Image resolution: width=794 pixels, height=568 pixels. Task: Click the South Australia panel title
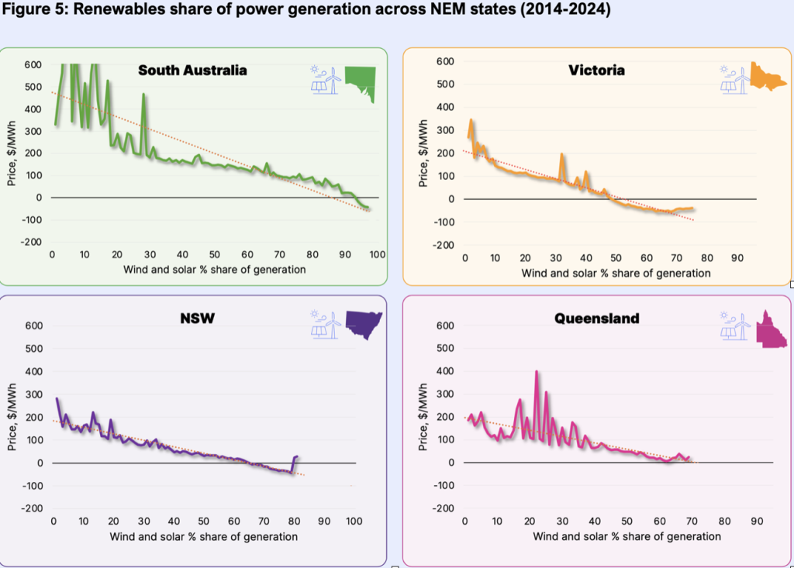[x=192, y=71]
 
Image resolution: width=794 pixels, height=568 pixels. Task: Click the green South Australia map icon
[x=361, y=83]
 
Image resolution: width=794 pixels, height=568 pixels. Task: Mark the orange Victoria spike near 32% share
[x=561, y=155]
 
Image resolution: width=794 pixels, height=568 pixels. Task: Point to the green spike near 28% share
[x=144, y=95]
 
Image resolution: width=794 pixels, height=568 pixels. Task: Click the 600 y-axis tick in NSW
[x=33, y=326]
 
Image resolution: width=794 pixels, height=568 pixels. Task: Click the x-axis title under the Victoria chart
[x=616, y=273]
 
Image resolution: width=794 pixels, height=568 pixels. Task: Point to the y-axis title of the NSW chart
[x=17, y=417]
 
